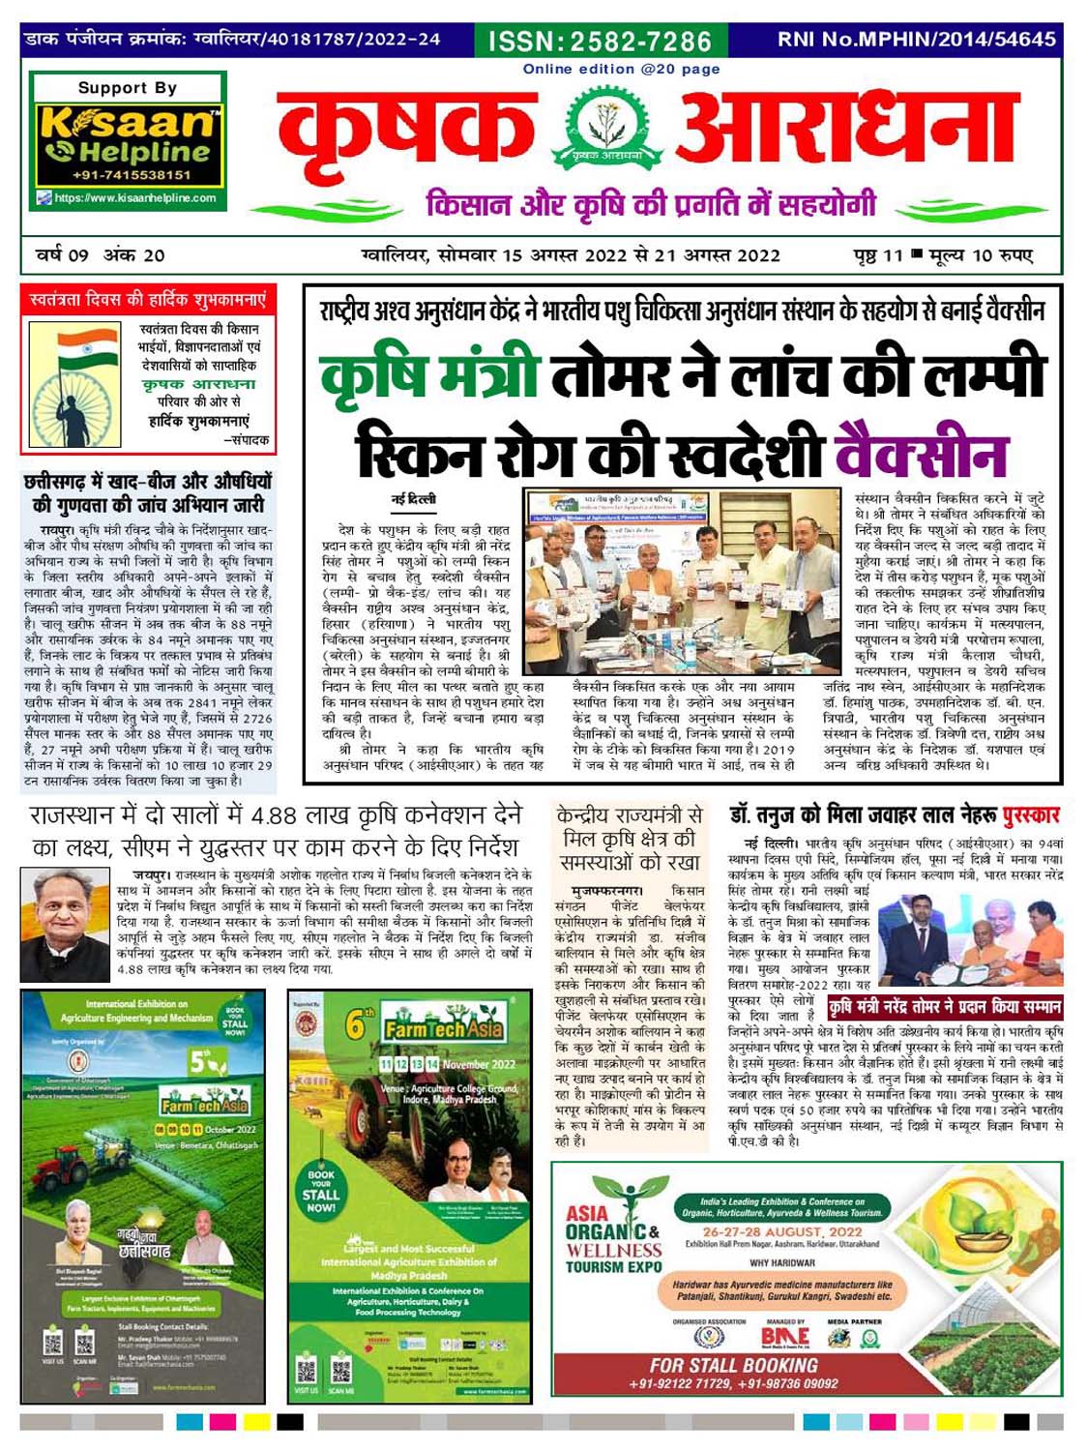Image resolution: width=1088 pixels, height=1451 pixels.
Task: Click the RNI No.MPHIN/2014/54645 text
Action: [x=916, y=40]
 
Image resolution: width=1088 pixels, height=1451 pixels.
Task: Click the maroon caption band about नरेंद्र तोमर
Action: [x=945, y=1006]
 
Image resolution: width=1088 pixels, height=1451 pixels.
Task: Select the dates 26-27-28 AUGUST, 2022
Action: [x=782, y=1231]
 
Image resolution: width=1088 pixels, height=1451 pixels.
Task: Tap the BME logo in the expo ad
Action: [x=785, y=1336]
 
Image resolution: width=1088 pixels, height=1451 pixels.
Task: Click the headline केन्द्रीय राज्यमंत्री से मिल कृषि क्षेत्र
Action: [x=629, y=837]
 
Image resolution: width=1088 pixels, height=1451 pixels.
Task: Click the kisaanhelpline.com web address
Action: [x=134, y=198]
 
